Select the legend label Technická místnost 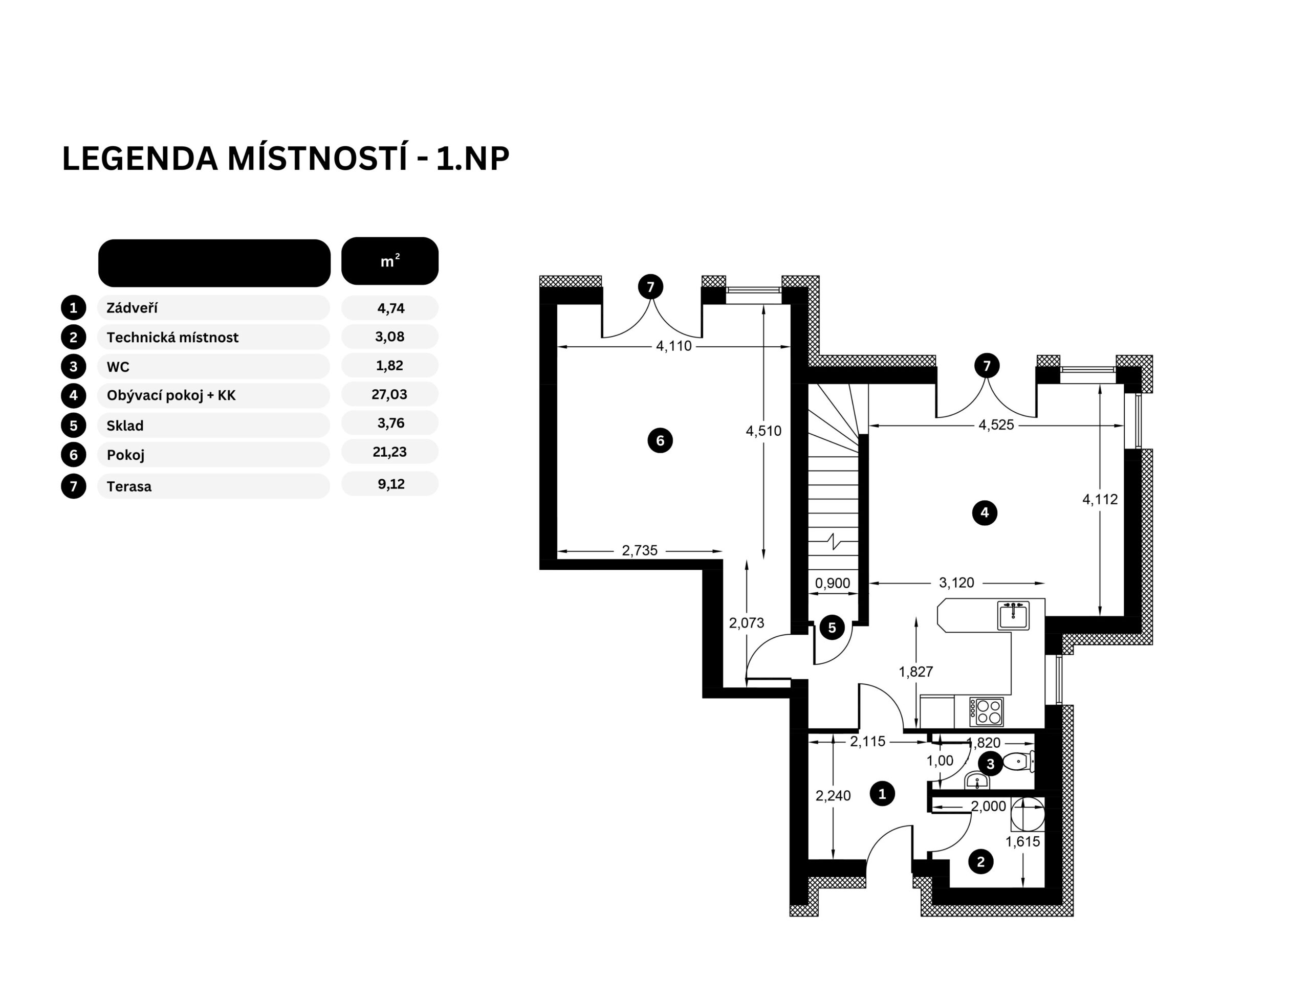coord(172,338)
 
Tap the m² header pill coord(390,261)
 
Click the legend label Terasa coord(129,486)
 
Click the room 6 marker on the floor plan coord(660,440)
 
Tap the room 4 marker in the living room coord(984,512)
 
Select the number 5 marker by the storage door coord(832,628)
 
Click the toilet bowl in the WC coord(1018,761)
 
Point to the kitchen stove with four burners coord(986,711)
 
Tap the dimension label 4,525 coord(996,425)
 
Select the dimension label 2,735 coord(640,550)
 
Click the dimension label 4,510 coord(763,431)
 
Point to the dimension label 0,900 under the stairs coord(832,583)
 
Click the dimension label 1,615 coord(1023,842)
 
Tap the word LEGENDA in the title coord(140,159)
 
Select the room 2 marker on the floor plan coord(981,862)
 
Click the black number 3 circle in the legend coord(74,366)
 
